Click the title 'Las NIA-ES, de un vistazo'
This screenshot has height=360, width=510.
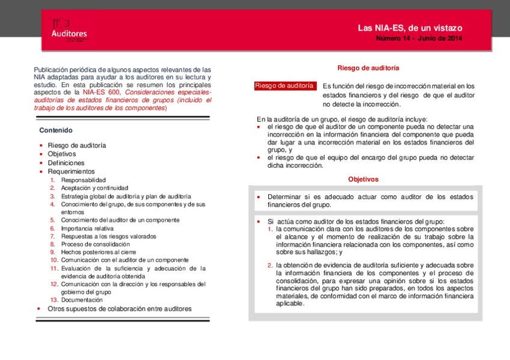(410, 28)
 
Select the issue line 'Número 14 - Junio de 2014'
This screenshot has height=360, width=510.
(419, 39)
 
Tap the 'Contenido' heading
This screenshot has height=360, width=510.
(56, 130)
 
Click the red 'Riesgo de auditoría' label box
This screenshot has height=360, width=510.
(284, 86)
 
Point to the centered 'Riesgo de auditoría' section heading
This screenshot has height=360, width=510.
(368, 69)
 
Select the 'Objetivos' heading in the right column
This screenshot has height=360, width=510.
(363, 179)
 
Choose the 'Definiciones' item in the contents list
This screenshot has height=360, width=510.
(66, 163)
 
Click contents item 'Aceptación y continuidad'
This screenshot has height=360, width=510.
(94, 188)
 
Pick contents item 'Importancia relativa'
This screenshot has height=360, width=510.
(87, 228)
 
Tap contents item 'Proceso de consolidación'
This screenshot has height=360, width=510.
(95, 245)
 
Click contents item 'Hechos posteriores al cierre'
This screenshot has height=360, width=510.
(98, 252)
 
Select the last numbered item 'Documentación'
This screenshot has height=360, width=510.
(82, 300)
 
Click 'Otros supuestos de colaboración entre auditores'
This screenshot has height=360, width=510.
(120, 309)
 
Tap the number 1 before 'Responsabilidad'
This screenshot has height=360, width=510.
(53, 180)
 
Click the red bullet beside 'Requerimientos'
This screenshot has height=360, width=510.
(41, 172)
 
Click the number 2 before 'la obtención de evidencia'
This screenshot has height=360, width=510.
(270, 265)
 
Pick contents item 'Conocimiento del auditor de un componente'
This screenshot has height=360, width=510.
(120, 220)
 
